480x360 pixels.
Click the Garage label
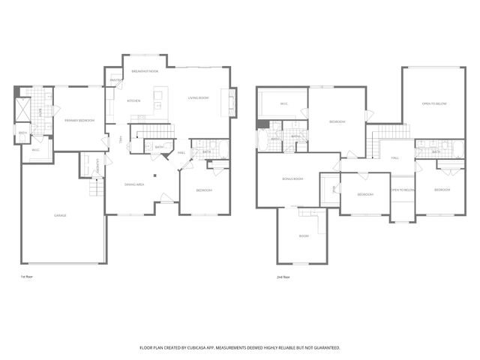(60, 215)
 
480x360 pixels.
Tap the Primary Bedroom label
(79, 120)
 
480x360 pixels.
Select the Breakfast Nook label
(145, 70)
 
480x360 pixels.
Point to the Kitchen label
(133, 100)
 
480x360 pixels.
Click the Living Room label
(198, 97)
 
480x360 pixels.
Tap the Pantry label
(115, 80)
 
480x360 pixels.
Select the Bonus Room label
(292, 178)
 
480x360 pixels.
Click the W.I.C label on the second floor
(284, 103)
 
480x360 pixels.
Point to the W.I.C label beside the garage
(35, 150)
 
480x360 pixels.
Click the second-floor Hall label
(394, 158)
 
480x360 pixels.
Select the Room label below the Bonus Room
(304, 236)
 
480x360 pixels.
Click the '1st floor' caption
(27, 276)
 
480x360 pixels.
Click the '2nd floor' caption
(283, 276)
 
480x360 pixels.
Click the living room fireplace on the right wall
(232, 103)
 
